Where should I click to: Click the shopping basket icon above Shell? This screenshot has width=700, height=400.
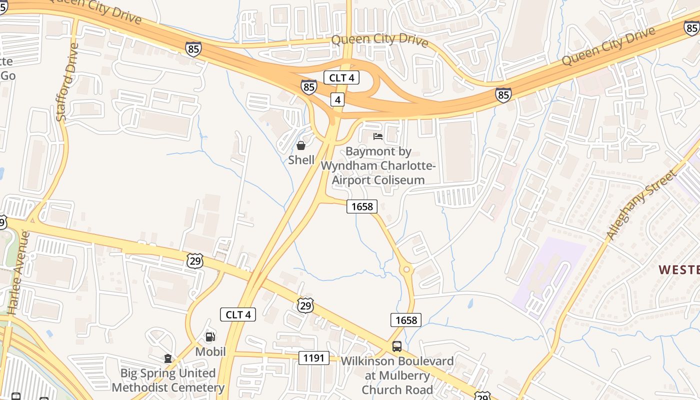pos(301,145)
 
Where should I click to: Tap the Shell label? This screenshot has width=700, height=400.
pos(301,160)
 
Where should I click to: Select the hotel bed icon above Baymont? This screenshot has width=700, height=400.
pos(378,136)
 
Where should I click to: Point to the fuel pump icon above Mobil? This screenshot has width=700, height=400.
pos(210,336)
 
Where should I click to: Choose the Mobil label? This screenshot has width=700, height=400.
pos(210,351)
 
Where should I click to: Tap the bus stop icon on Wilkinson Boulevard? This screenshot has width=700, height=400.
pos(397,346)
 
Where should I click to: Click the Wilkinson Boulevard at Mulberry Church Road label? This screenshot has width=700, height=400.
pos(397,375)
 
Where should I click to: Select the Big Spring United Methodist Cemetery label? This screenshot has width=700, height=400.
pos(168,380)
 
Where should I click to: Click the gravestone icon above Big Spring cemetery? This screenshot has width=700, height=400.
pos(168,358)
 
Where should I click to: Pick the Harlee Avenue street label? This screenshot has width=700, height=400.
pos(19,272)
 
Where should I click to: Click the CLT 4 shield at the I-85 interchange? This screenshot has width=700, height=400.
pos(341,77)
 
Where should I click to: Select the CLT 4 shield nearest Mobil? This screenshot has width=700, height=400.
pos(238,314)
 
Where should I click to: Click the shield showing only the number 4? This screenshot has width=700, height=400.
pos(338,99)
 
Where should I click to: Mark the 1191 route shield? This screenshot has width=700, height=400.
pos(314,357)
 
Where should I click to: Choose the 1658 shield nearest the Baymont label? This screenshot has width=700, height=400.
pos(362,206)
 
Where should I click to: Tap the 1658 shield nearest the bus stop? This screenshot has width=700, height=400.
pos(406,320)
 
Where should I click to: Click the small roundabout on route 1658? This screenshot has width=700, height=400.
pos(406,269)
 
